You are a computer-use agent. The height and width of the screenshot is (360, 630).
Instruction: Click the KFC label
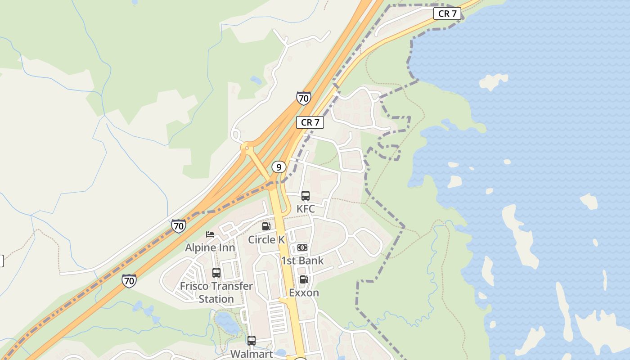[306, 209]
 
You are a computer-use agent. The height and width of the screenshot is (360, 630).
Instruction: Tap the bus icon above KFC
[306, 196]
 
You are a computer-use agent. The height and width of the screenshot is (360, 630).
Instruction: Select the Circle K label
[266, 239]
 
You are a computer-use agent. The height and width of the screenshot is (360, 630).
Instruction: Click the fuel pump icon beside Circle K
[266, 226]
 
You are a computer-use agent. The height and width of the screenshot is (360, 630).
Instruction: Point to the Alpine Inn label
[210, 247]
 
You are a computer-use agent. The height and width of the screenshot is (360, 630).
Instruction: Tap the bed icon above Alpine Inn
[210, 234]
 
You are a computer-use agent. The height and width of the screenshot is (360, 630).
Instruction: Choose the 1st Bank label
[302, 261]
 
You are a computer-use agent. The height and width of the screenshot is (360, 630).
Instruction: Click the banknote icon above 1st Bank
[302, 247]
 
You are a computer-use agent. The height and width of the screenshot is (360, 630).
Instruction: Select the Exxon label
[304, 292]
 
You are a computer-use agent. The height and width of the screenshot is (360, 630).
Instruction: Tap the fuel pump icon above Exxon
[304, 279]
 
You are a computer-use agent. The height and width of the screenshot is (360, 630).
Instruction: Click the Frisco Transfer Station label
[216, 292]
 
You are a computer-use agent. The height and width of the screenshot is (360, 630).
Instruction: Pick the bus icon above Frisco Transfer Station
[216, 273]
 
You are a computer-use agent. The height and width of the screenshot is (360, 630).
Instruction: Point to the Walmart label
[252, 354]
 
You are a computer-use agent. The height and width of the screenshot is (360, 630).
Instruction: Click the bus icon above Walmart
[252, 341]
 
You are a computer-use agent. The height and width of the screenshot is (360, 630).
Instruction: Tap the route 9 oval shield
[279, 167]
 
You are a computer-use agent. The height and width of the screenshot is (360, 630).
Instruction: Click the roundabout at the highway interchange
[246, 147]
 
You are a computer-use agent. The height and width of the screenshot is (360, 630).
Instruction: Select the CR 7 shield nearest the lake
[447, 13]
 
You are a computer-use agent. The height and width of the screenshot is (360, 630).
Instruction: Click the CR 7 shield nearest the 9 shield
[310, 122]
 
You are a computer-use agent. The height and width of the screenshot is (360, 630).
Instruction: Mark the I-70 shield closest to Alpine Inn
[179, 225]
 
